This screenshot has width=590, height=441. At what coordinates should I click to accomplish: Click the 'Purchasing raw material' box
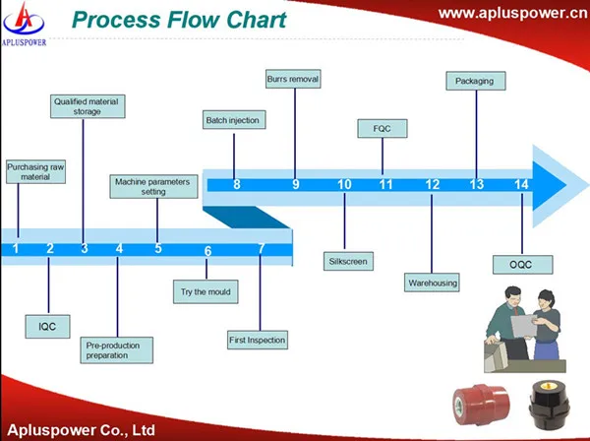(35, 171)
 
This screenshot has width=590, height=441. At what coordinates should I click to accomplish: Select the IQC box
(47, 327)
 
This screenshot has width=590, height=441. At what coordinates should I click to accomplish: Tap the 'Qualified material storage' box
(88, 106)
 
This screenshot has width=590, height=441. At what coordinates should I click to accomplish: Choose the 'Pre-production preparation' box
(117, 350)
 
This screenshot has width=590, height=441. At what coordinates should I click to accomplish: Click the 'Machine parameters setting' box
(153, 186)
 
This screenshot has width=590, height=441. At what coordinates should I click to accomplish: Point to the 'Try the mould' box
(206, 291)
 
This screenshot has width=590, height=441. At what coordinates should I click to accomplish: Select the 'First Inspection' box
(258, 340)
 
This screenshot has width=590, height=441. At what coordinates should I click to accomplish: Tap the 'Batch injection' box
(234, 120)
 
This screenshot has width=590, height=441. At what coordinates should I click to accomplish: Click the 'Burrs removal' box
(293, 79)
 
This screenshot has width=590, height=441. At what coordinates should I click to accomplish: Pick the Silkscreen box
(348, 261)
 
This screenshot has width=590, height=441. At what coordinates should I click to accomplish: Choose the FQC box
(383, 128)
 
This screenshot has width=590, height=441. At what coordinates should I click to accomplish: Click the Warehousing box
(432, 283)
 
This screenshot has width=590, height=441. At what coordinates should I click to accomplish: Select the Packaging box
(476, 81)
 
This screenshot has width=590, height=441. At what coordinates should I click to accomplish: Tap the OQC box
(523, 265)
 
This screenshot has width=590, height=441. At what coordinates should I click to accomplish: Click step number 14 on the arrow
(521, 184)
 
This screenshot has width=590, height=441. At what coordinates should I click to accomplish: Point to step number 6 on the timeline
(208, 251)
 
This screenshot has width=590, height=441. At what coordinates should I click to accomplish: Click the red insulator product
(481, 405)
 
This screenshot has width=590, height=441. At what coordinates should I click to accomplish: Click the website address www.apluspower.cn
(513, 14)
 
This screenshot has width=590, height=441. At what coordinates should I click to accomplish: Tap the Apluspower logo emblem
(24, 20)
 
